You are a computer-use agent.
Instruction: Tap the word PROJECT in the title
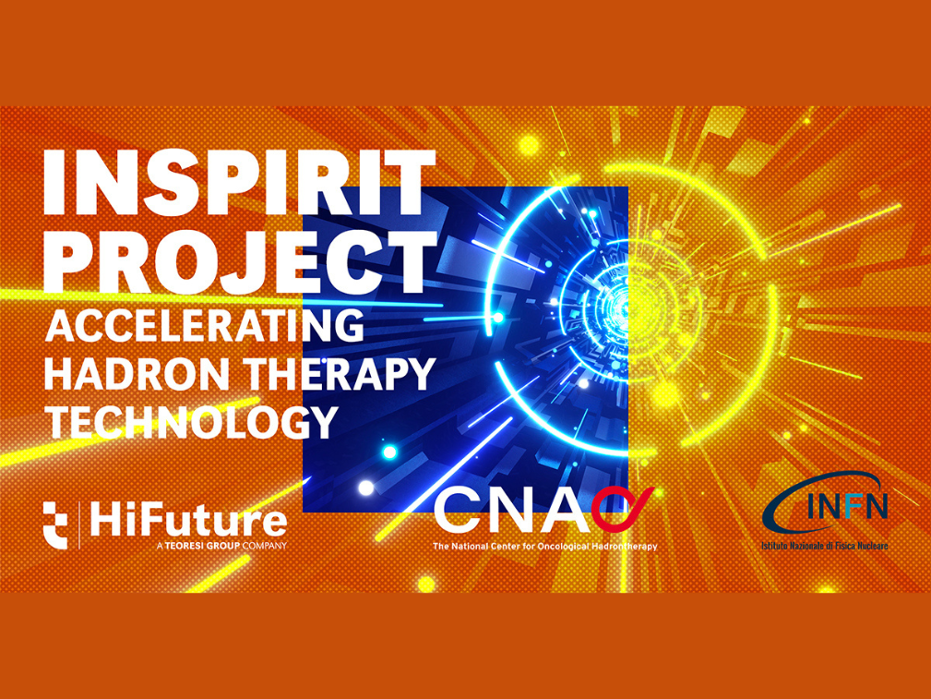[x=239, y=260]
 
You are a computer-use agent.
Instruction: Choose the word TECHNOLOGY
[x=189, y=421]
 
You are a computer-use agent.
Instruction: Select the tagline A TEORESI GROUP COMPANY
[x=222, y=546]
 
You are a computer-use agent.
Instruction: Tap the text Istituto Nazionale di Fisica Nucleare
[x=824, y=546]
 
